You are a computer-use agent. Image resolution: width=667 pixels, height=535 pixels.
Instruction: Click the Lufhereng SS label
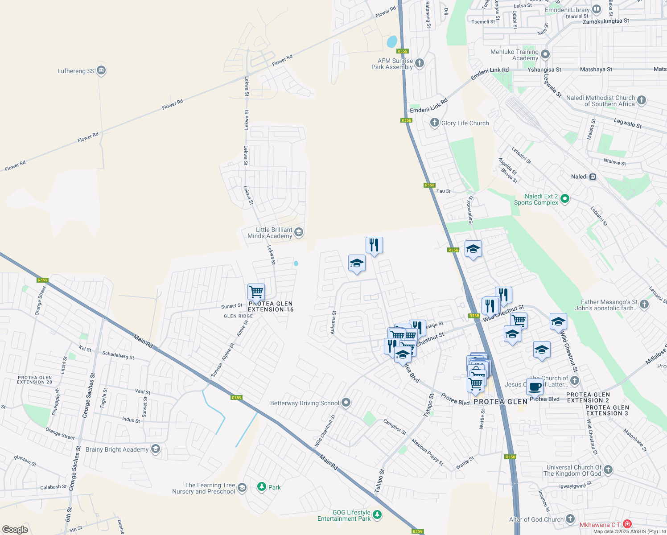click(x=76, y=71)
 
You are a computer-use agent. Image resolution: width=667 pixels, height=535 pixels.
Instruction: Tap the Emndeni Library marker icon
click(x=597, y=10)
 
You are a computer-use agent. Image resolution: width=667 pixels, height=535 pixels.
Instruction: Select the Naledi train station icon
click(x=593, y=177)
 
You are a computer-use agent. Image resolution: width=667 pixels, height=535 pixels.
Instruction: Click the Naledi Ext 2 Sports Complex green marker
click(x=564, y=198)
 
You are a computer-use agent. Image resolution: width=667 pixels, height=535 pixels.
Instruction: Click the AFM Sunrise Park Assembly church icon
click(x=419, y=63)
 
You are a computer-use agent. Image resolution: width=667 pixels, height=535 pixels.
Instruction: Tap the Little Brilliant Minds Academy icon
click(x=299, y=232)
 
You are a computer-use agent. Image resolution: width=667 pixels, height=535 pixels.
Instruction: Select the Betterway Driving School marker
click(x=346, y=403)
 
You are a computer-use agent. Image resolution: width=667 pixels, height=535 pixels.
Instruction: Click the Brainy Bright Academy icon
click(x=156, y=449)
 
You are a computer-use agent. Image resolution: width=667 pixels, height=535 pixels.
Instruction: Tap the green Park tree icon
click(x=262, y=487)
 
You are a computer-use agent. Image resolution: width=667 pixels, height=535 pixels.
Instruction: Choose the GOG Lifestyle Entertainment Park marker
click(x=377, y=515)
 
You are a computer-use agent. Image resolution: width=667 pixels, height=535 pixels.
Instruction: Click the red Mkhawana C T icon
click(x=627, y=524)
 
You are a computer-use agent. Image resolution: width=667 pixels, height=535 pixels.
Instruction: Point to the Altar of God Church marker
click(x=570, y=519)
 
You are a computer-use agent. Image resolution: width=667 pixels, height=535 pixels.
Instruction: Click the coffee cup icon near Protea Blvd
click(x=535, y=387)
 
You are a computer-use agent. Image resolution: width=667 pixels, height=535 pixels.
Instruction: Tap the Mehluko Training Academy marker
click(x=545, y=54)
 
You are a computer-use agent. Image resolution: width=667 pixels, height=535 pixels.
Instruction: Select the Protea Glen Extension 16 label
click(x=271, y=306)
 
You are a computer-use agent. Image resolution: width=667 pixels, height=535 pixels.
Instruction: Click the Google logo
click(x=15, y=529)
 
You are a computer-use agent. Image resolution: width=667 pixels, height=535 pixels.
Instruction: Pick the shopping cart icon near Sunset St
click(x=256, y=292)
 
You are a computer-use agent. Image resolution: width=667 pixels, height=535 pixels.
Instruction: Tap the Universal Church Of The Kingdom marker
click(x=608, y=470)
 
